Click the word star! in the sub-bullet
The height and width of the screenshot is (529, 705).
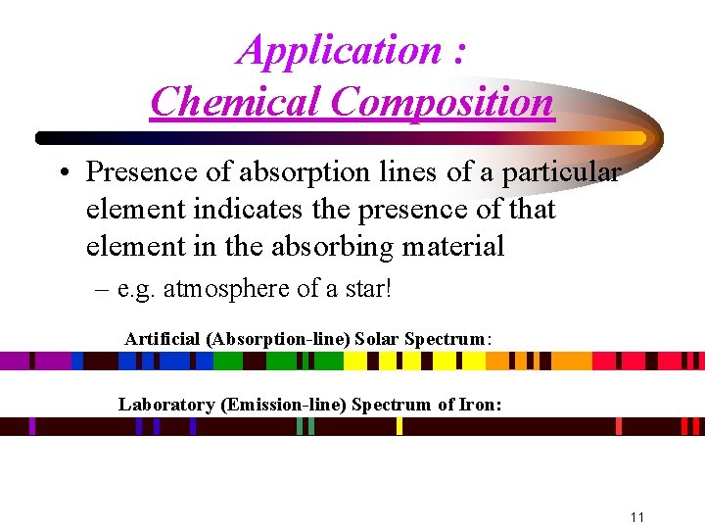tap(366, 289)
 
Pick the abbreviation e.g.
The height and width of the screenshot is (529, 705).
tap(137, 289)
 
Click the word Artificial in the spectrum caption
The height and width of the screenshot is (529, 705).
tap(164, 339)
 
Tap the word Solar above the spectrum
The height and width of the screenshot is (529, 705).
tap(377, 339)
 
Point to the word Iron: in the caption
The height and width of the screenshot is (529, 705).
tap(479, 404)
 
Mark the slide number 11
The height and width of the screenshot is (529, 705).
tap(636, 516)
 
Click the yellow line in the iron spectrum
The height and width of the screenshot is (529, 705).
tap(399, 426)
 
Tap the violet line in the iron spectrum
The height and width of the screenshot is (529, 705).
tap(32, 426)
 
